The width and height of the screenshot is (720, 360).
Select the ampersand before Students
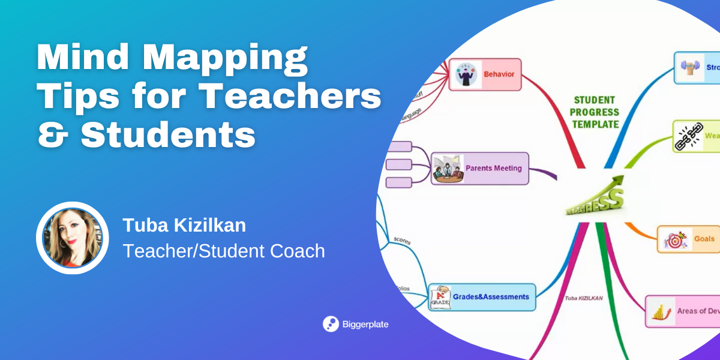(x=52, y=135)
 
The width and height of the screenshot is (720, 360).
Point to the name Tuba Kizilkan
(x=184, y=226)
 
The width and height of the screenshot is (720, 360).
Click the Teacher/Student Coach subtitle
(x=223, y=251)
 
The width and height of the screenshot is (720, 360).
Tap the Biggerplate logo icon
(x=331, y=324)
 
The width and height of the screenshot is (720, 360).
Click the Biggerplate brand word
(x=365, y=325)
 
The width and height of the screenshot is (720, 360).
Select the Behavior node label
(x=499, y=75)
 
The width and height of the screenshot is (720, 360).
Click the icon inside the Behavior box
(x=466, y=75)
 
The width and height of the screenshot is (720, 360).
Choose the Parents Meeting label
(x=493, y=169)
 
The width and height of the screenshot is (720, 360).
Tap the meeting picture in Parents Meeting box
(x=448, y=169)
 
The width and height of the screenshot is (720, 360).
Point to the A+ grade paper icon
(x=440, y=297)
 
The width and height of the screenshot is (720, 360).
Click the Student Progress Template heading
(x=595, y=112)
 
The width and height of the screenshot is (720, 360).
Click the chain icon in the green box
(x=688, y=136)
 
